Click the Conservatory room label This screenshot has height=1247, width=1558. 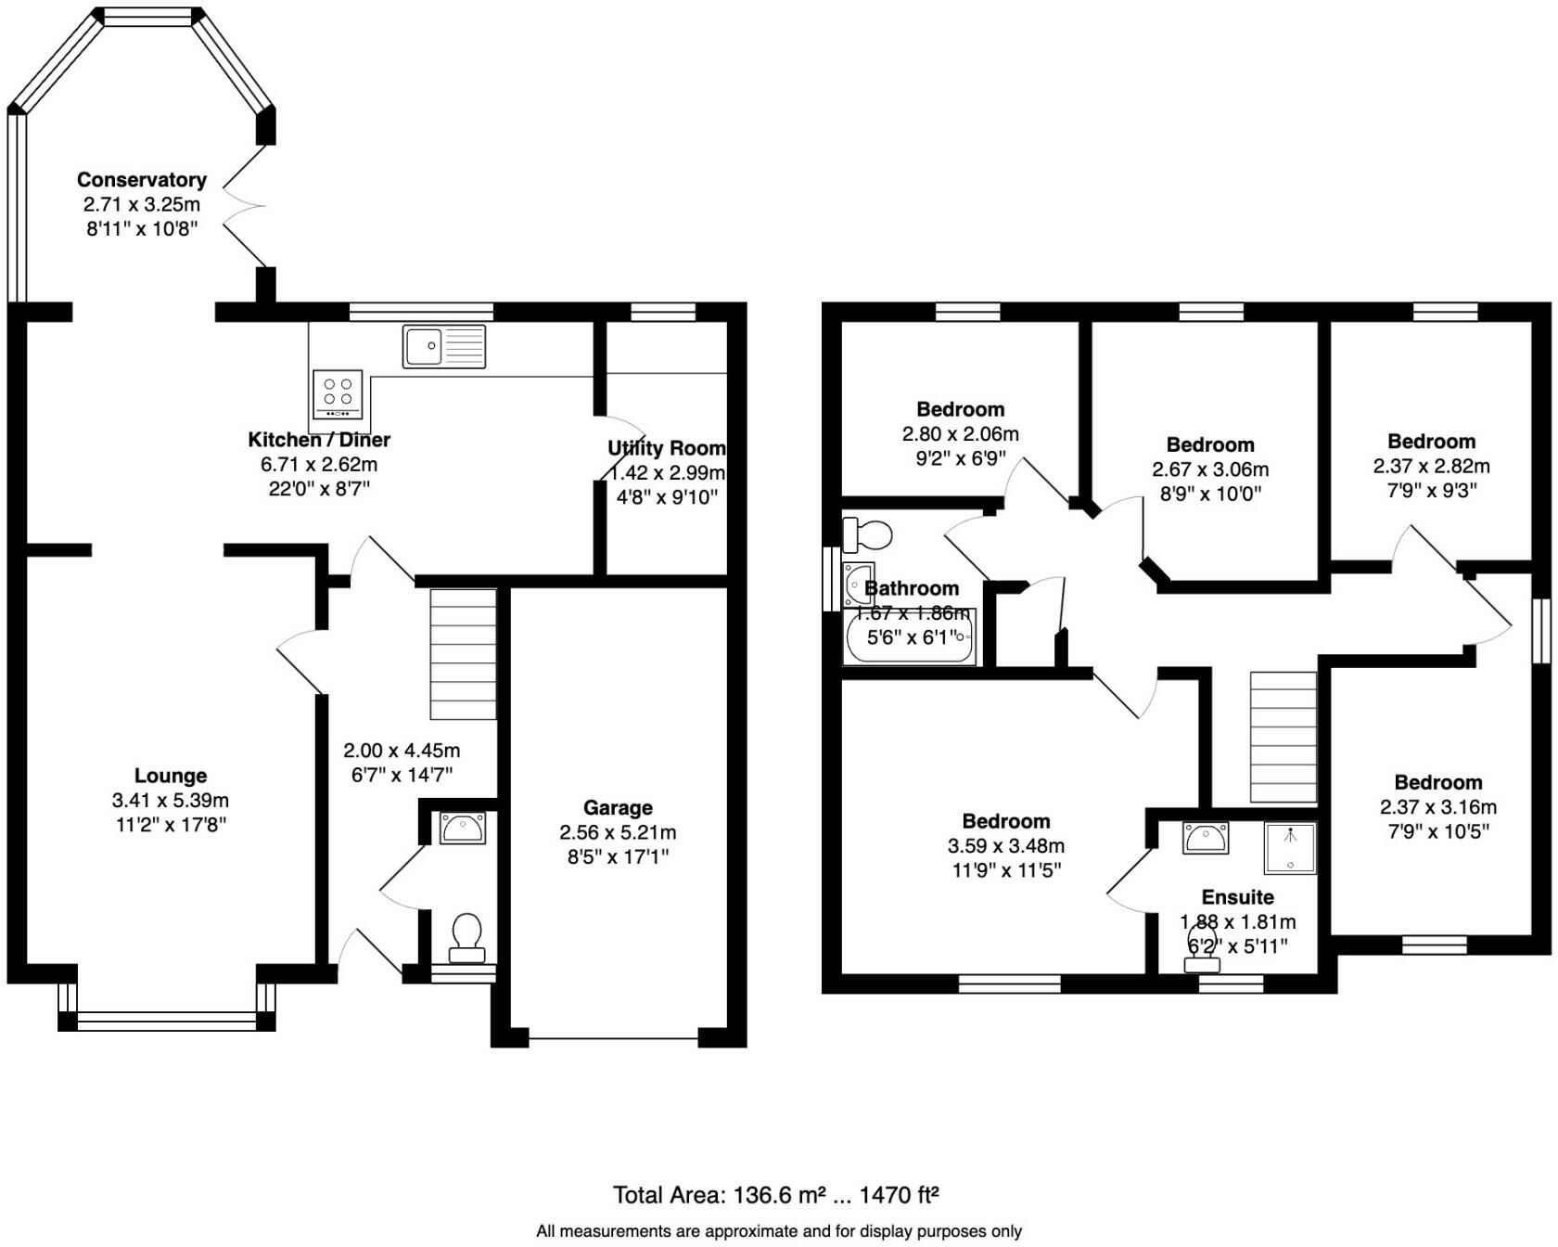point(141,180)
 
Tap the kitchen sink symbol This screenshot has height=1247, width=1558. point(443,346)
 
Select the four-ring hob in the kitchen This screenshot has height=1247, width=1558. point(337,394)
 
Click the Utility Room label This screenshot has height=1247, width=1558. point(666,449)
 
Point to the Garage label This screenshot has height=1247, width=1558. point(618,808)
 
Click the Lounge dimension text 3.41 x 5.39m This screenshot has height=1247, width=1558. point(171,801)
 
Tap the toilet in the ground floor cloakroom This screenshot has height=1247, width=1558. point(466,936)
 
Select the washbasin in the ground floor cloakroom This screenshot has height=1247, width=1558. point(463,828)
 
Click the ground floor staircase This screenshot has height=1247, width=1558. point(463,653)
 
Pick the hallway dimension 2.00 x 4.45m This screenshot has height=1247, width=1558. point(402,751)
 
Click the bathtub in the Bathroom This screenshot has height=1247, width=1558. point(909,638)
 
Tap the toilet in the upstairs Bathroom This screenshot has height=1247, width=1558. point(868,534)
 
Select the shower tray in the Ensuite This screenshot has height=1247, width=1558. point(1289,848)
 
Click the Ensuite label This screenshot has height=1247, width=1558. point(1237,897)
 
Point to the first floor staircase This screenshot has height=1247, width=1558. point(1283,737)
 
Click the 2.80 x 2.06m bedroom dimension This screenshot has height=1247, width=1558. point(960,434)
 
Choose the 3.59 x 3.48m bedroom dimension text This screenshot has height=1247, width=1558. point(1005,846)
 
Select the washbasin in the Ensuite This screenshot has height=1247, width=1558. point(1205,838)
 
